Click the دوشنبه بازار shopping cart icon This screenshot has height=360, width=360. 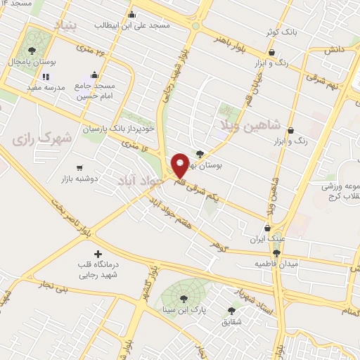79,168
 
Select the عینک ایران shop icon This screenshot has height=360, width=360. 267,228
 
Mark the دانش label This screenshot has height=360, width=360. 333,51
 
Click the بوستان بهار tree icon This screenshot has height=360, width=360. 200,154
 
